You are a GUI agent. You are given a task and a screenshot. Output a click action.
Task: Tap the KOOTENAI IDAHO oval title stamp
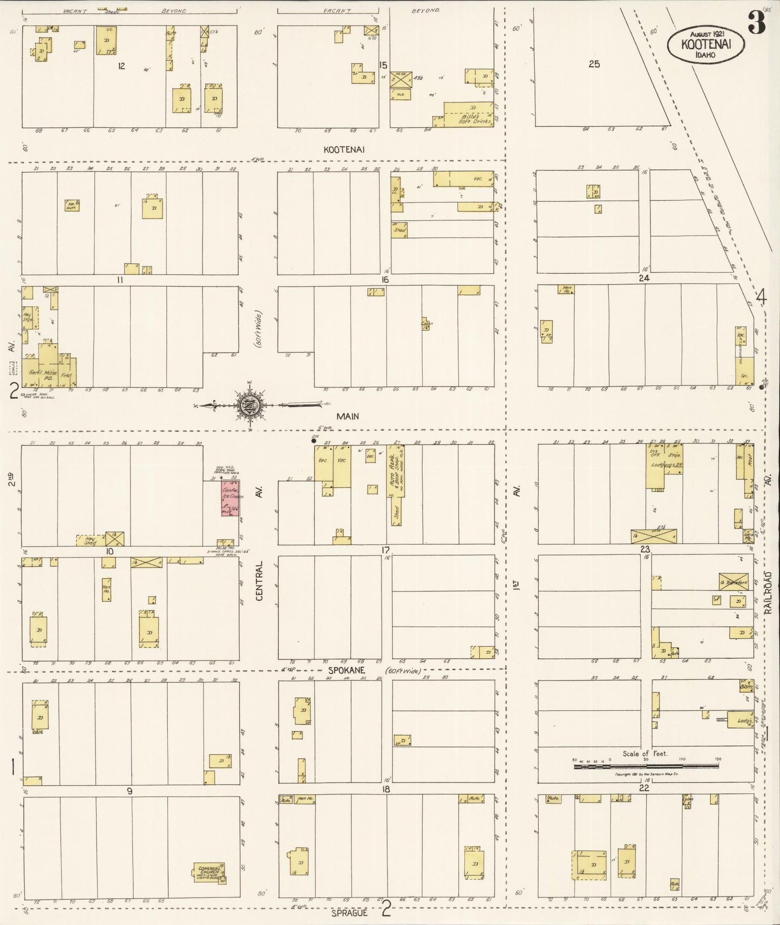pos(706,44)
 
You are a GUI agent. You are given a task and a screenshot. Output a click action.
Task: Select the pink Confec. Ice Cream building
pos(230,497)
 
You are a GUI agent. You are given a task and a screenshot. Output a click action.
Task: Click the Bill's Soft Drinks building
pos(468,114)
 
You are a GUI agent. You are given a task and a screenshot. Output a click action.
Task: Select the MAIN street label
pos(348,416)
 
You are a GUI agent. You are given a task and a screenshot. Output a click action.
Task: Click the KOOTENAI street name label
pos(344,149)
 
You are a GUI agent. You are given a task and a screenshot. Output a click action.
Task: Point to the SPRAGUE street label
pos(349,913)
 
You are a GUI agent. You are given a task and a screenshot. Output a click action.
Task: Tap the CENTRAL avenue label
pos(260,581)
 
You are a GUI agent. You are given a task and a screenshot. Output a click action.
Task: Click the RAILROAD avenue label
pos(768,592)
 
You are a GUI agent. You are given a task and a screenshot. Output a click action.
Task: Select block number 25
pos(594,64)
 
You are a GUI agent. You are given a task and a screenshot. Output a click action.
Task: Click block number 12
pos(121,66)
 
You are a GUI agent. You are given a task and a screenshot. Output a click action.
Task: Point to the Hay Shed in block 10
pos(90,540)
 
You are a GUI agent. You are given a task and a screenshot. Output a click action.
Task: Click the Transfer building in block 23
pos(733,582)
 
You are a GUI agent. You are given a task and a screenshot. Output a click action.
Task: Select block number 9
pos(129,791)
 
